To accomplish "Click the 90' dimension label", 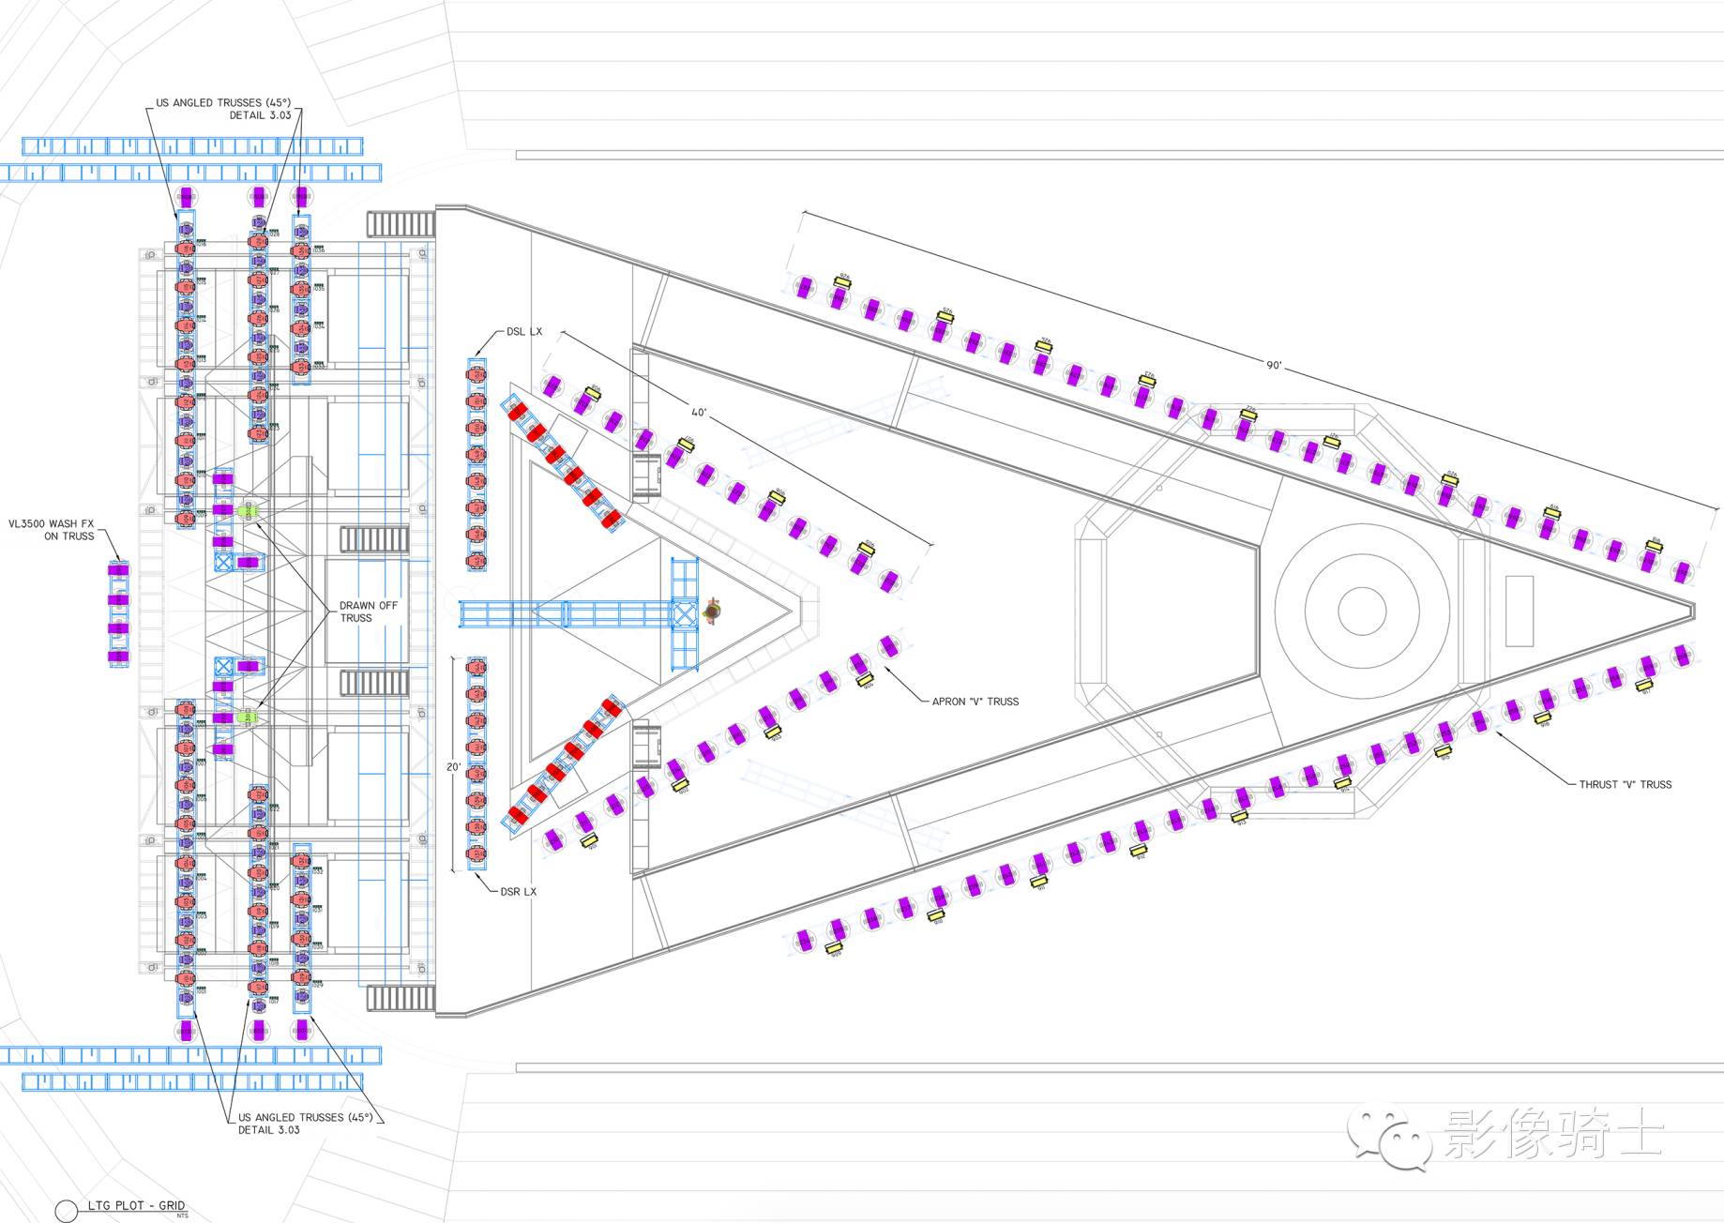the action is click(1273, 365).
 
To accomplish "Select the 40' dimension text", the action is click(699, 413).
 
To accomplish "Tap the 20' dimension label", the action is click(454, 766).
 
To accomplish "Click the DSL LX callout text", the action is click(524, 331).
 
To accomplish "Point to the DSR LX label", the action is click(519, 891).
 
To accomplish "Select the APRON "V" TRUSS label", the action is click(975, 701).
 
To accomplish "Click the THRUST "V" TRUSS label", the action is click(1625, 784).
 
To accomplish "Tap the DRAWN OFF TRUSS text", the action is click(368, 611).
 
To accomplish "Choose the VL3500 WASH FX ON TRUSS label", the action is click(53, 530).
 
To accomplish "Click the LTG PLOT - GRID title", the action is click(136, 1205).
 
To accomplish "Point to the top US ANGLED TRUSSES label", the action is click(224, 109).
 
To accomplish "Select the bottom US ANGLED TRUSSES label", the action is click(305, 1123).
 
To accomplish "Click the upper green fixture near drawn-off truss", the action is click(248, 510).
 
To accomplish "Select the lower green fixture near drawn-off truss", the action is click(248, 717).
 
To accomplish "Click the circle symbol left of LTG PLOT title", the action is click(66, 1211).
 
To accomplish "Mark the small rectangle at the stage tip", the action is click(1519, 611).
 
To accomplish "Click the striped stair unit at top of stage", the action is click(401, 224).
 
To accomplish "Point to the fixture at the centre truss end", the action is click(713, 611).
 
